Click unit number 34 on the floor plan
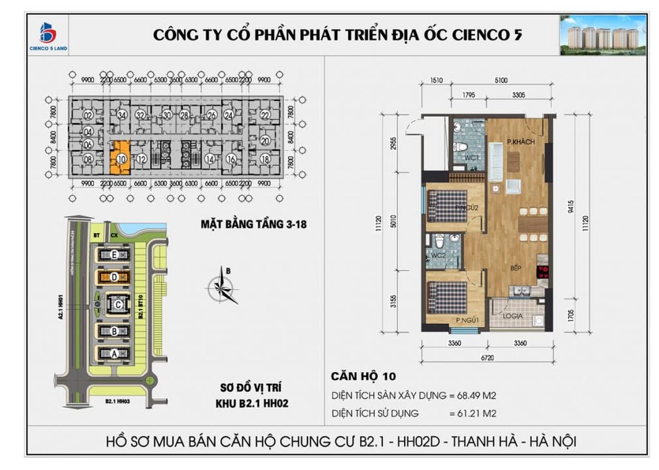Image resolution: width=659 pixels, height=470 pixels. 121,115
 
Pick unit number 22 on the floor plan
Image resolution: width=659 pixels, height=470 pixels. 265,115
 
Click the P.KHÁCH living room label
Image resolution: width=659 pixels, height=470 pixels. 520,142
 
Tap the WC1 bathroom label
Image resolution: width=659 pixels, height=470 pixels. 472,158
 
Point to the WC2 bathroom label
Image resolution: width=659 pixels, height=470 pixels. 437,255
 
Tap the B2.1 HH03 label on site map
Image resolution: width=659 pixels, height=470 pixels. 108,401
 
